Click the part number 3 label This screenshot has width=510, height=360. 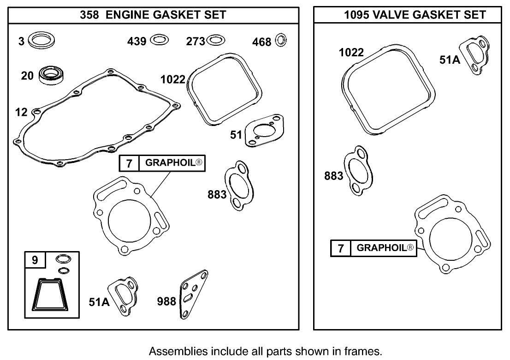tap(21, 42)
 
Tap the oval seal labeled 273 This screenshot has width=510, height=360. tap(216, 41)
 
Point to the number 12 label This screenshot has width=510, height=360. tap(21, 112)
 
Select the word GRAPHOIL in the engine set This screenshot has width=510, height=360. tap(171, 162)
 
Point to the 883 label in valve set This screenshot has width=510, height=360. tap(333, 176)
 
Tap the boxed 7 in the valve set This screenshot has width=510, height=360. tap(341, 248)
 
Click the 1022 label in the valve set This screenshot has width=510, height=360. tap(351, 53)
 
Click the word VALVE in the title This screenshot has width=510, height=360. tap(391, 15)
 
